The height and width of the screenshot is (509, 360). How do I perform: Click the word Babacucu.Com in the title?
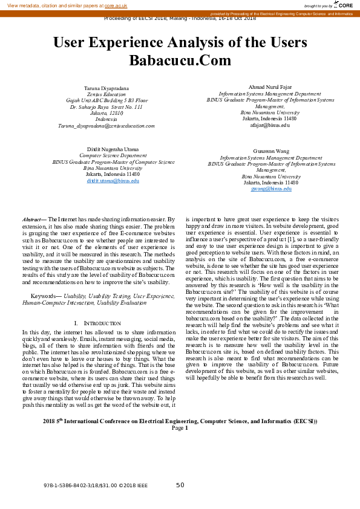tap(180, 60)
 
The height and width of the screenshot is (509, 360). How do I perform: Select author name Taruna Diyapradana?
tap(106, 88)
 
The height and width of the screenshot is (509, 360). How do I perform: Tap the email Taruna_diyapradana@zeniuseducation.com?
tap(106, 126)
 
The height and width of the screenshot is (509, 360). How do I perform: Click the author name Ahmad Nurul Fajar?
tap(270, 88)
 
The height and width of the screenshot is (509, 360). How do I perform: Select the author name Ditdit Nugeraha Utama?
tap(113, 149)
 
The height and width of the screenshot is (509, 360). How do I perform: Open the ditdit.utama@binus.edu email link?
tap(113, 181)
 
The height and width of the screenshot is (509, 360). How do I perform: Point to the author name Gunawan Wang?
tap(270, 151)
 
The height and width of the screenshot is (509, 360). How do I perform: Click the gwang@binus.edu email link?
tap(270, 189)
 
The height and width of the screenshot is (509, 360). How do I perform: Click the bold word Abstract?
tap(33, 219)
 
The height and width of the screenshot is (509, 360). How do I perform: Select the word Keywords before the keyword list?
tap(44, 296)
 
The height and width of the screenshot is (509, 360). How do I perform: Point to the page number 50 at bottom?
tap(180, 485)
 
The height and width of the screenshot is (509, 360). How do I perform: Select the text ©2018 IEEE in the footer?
tap(133, 485)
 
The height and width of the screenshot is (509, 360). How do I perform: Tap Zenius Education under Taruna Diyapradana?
tap(106, 94)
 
